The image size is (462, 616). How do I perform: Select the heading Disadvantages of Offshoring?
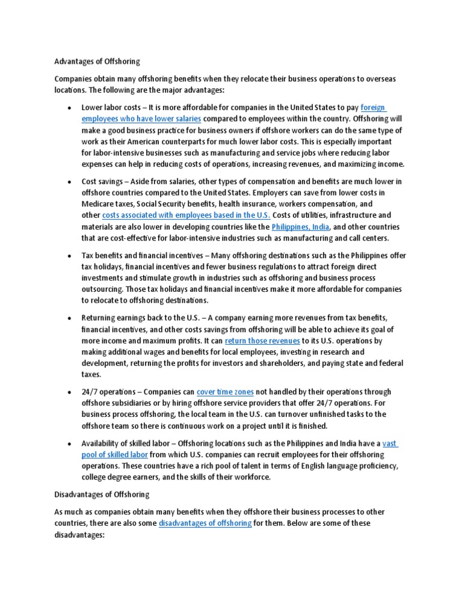(x=102, y=494)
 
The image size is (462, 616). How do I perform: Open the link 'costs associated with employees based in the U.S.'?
(x=186, y=215)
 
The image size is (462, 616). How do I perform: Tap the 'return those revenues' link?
(x=262, y=340)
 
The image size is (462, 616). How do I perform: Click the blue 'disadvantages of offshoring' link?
(x=205, y=523)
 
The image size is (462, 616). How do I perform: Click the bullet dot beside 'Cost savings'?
(x=70, y=181)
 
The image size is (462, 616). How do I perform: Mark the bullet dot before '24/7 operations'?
(x=70, y=392)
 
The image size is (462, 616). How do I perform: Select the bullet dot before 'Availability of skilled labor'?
(x=70, y=444)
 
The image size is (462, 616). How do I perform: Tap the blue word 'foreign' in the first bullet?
(x=373, y=108)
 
